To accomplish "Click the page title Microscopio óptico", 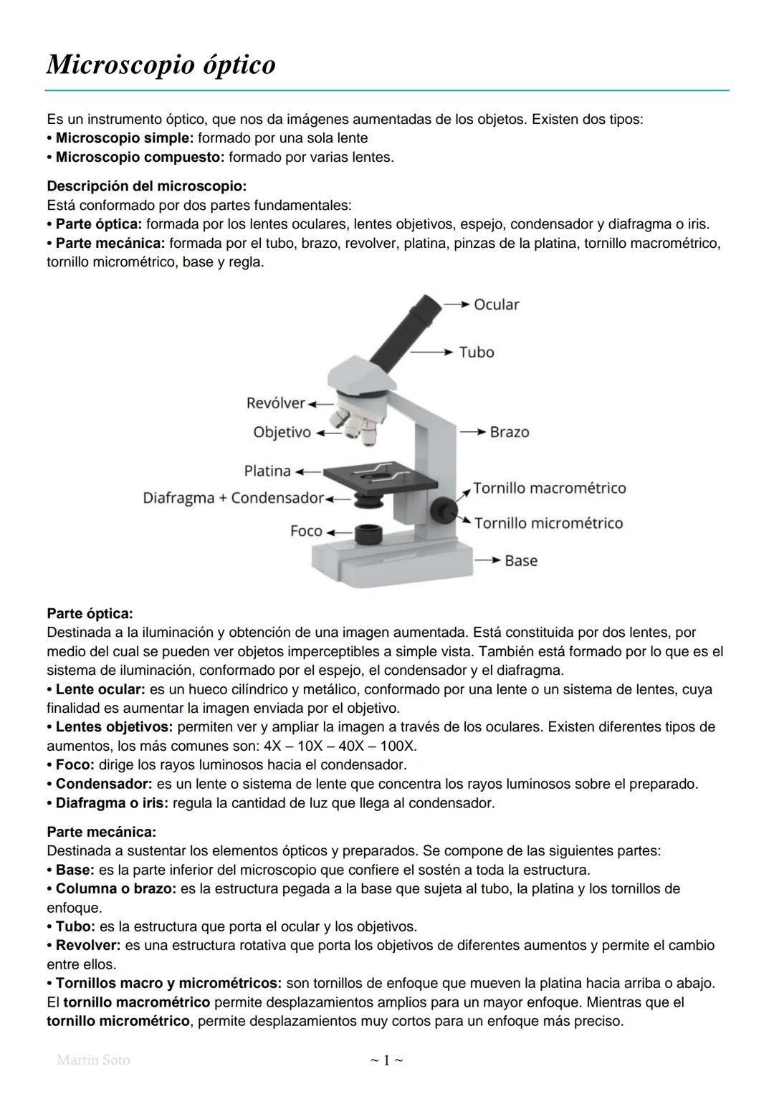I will coord(161,65).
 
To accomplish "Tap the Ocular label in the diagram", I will coord(496,304).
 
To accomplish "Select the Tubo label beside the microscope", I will coord(477,352).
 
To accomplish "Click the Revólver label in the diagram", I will coord(275,403).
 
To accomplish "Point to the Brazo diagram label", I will coord(510,432).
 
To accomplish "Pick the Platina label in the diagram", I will coord(267,471).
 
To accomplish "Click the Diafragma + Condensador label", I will coord(234,498).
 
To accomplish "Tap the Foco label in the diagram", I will coord(306,531).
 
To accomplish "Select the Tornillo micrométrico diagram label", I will coord(548,523).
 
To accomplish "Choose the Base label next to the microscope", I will coord(520,560).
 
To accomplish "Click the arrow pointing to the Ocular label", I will coord(456,304).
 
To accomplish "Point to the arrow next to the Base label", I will coord(487,560).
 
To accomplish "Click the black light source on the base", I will coord(368,533).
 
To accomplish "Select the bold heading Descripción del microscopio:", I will coord(146,186).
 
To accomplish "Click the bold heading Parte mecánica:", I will coord(101,833).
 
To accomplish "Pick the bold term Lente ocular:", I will coord(100,689).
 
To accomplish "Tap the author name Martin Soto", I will coord(93,1060).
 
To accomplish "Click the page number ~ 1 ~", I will coord(386,1060).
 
